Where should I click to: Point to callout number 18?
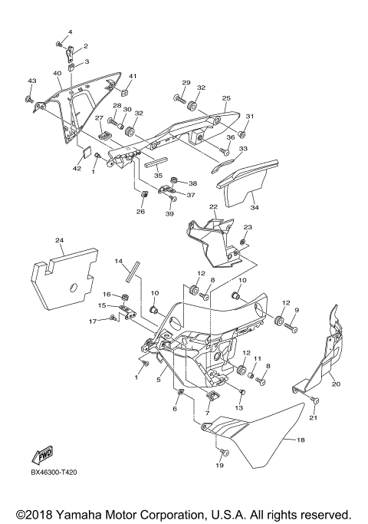[301, 441]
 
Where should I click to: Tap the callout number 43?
[31, 81]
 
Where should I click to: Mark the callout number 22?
[214, 207]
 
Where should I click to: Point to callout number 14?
[120, 262]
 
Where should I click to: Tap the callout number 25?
[226, 98]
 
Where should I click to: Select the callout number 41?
[132, 76]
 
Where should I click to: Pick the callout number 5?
[159, 378]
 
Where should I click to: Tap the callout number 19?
[219, 465]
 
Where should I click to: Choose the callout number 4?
[68, 31]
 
